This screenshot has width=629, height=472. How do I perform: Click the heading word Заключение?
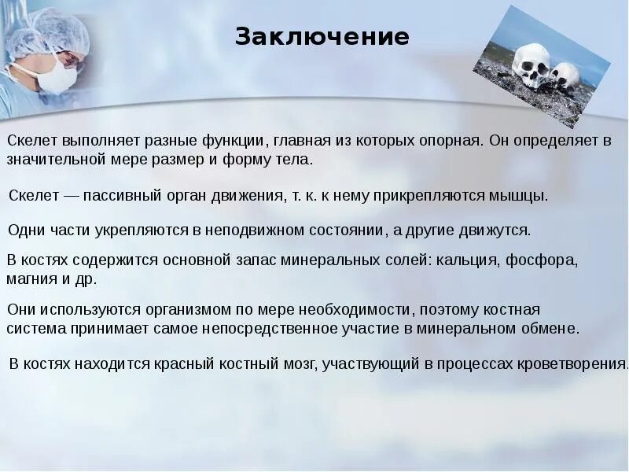click(x=322, y=37)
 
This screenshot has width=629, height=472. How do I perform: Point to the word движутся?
click(x=501, y=230)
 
